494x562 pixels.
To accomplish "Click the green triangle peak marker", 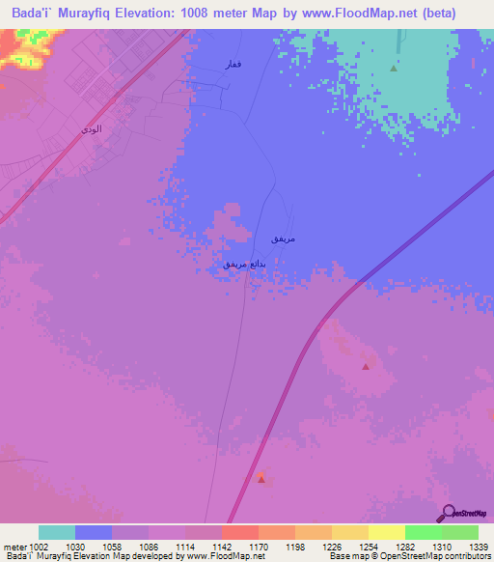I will click(x=394, y=69).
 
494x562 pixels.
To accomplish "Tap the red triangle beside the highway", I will click(x=366, y=366).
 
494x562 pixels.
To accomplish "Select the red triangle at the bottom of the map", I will click(x=261, y=478).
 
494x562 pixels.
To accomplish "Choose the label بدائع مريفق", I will click(x=243, y=263).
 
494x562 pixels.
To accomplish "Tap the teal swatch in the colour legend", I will click(x=57, y=532).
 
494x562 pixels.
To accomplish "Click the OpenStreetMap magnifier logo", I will click(x=448, y=514).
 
